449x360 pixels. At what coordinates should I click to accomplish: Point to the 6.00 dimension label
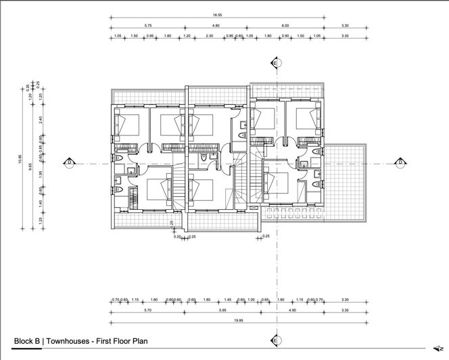(x=285, y=26)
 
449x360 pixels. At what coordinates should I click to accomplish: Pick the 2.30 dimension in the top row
(x=210, y=35)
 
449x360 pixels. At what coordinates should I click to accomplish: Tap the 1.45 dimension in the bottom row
(x=228, y=300)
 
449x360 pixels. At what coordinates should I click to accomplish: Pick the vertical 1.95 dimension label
(x=41, y=174)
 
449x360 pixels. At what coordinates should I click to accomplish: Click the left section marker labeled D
(x=69, y=162)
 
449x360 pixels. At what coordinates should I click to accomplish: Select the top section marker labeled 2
(x=276, y=62)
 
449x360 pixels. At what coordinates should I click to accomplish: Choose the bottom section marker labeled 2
(x=276, y=339)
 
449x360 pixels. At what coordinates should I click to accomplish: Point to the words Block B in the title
(x=26, y=342)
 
